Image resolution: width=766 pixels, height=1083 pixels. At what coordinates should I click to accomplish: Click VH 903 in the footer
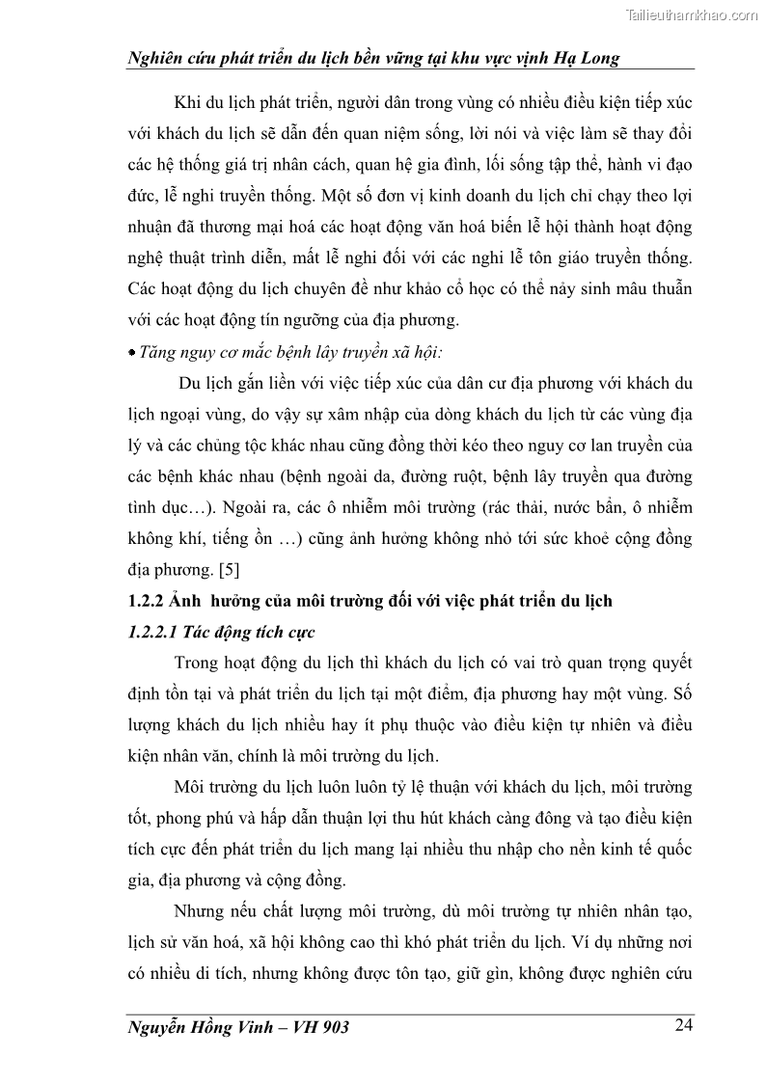(x=317, y=1027)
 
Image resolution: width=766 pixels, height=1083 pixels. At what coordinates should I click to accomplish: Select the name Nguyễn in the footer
(x=159, y=1027)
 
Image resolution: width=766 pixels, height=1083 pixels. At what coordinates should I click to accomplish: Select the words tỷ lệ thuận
(x=371, y=787)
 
